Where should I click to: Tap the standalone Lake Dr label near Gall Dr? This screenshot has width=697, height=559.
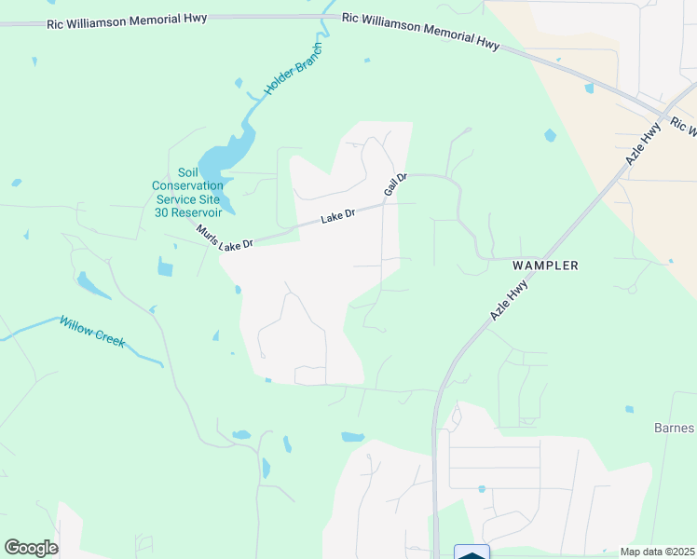[x=338, y=216]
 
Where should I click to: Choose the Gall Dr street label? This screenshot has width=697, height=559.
[x=396, y=184]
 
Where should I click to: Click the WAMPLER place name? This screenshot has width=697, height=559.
[x=545, y=266]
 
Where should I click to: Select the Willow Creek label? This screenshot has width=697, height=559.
[x=91, y=331]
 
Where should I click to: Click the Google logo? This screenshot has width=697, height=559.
[x=31, y=547]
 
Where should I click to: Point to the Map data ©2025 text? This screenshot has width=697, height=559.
[x=657, y=552]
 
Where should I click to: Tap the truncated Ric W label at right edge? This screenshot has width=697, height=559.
[x=683, y=127]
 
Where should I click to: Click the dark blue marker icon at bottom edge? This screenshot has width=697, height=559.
[x=471, y=553]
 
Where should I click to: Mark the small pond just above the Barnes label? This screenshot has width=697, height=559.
[x=629, y=409]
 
